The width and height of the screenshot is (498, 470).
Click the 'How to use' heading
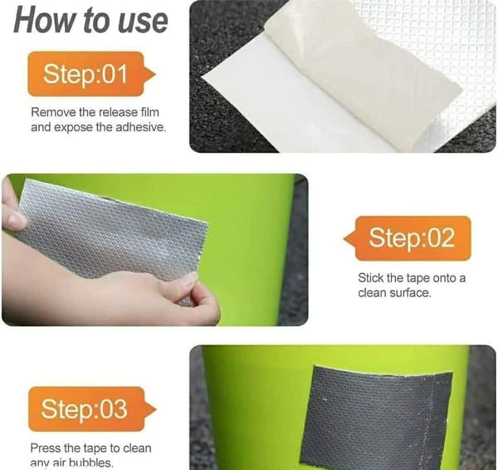coord(90,21)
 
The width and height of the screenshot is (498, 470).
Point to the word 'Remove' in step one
coord(51,112)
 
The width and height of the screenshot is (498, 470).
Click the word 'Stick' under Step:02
coord(372,277)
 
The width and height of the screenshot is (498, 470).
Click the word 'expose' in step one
coord(75,127)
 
